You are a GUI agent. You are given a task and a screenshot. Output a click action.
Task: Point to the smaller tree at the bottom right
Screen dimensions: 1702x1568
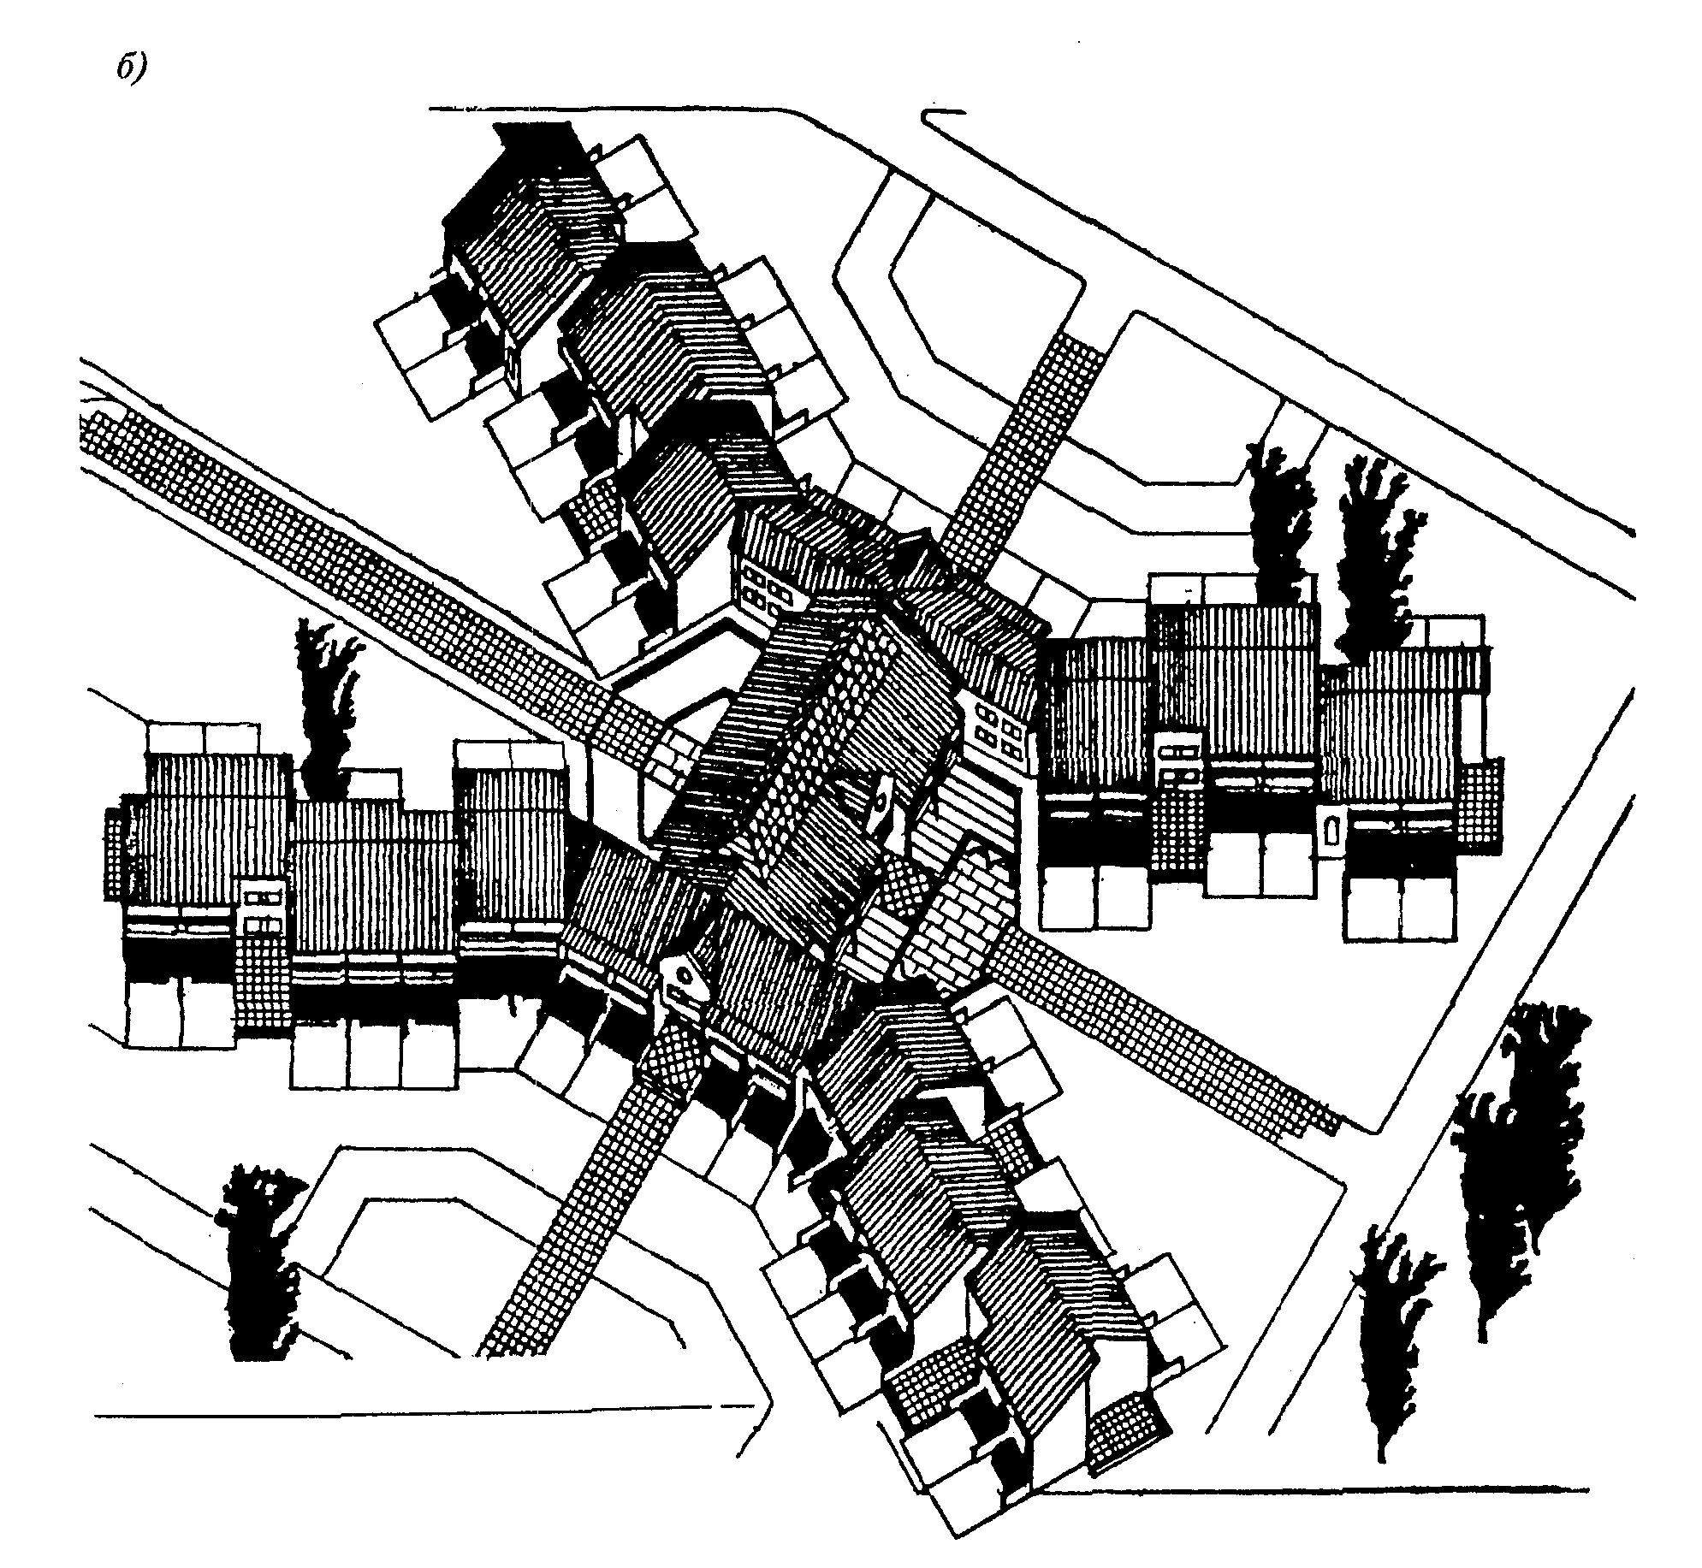1390,1343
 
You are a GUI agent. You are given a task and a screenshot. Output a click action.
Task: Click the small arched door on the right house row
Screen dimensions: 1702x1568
1331,829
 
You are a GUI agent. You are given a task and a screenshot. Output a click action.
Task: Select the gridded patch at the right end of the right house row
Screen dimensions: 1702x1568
1480,806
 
